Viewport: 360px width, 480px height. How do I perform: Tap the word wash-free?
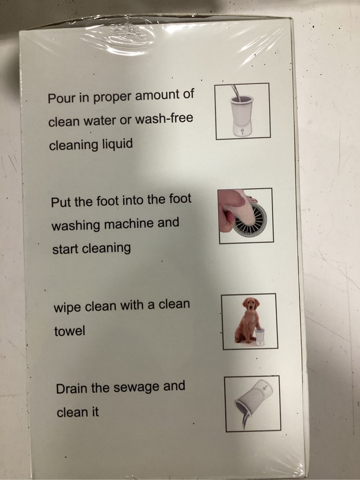click(164, 118)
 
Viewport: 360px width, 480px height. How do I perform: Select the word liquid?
click(116, 144)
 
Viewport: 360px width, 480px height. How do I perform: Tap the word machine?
click(129, 224)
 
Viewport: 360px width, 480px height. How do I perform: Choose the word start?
click(65, 249)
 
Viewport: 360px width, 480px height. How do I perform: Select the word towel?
click(69, 331)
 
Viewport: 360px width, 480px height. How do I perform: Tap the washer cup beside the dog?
click(259, 337)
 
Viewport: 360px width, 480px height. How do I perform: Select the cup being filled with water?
click(242, 116)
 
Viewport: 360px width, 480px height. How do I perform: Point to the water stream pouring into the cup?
click(236, 92)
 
